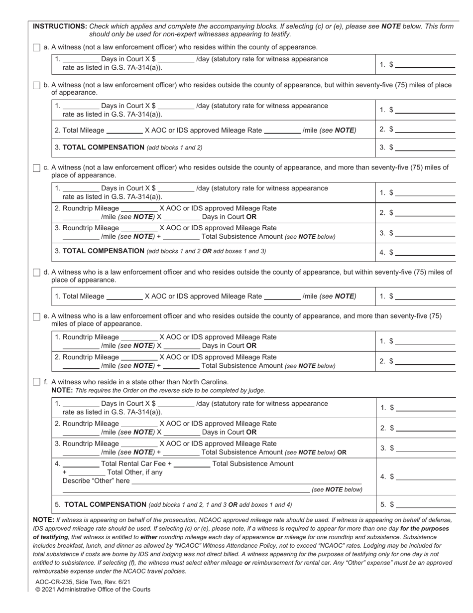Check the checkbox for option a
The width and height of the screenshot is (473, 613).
click(x=36, y=47)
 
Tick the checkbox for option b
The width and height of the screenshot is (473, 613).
click(x=36, y=85)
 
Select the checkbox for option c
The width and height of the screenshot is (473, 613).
click(x=36, y=168)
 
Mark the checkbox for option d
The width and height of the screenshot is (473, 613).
click(x=36, y=273)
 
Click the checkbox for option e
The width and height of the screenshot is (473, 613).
click(x=36, y=316)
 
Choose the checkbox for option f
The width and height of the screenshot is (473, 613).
click(x=36, y=382)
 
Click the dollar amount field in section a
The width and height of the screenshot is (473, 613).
click(x=424, y=65)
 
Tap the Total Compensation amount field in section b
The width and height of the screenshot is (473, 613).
click(x=424, y=148)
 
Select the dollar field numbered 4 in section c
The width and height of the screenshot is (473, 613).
click(x=424, y=253)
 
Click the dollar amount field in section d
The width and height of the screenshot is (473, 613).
click(x=424, y=297)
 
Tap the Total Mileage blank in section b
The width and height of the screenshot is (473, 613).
click(x=124, y=131)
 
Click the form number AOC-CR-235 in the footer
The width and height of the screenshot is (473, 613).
click(x=56, y=582)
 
